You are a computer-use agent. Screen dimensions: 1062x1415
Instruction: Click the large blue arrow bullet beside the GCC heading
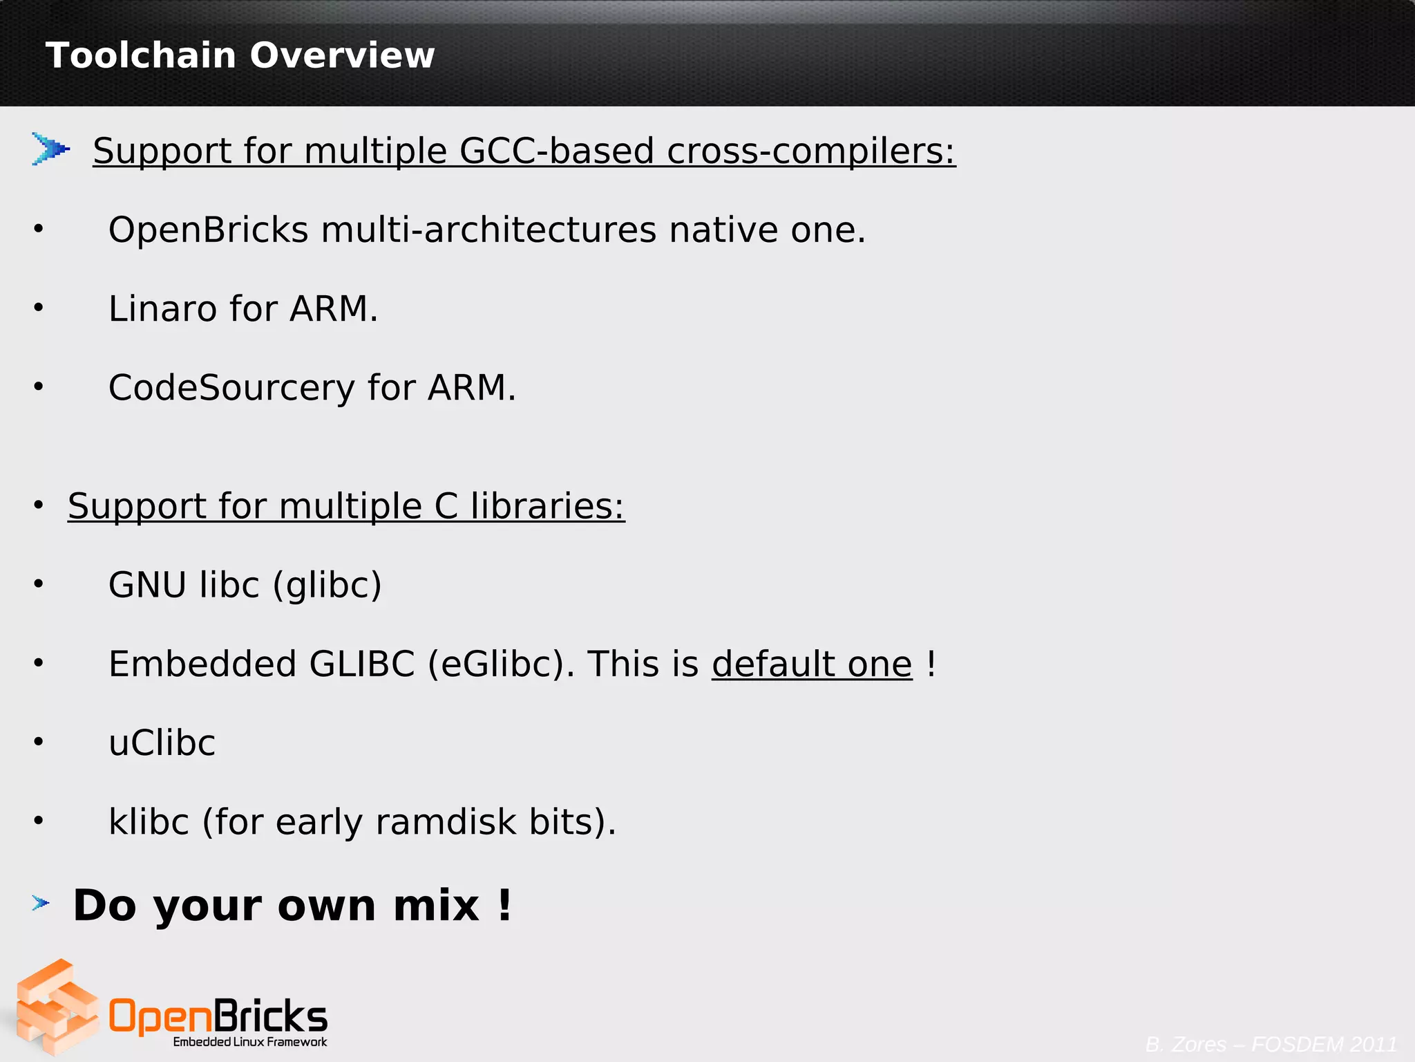[50, 149]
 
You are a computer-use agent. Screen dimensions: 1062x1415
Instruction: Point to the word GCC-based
[556, 151]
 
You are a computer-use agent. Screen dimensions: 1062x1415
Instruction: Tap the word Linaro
[163, 308]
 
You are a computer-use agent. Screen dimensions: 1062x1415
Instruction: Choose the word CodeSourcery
[231, 388]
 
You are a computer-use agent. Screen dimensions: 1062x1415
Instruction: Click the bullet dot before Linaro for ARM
[39, 308]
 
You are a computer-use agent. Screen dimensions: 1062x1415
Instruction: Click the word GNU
[147, 585]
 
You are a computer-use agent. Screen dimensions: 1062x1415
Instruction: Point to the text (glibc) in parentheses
[327, 586]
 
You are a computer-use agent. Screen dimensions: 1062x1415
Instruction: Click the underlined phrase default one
[812, 664]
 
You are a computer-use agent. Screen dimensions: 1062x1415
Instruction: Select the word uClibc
[162, 743]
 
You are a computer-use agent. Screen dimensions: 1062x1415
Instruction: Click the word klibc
[149, 822]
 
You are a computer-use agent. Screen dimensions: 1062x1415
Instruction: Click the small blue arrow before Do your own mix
[41, 903]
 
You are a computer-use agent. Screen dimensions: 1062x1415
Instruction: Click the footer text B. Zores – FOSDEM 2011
[1271, 1044]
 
